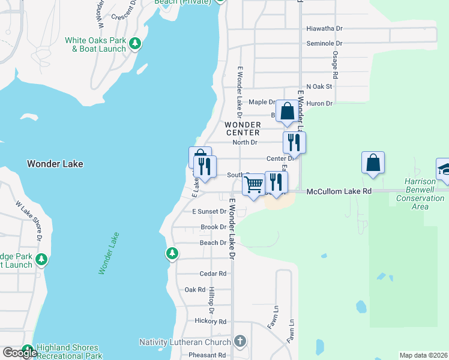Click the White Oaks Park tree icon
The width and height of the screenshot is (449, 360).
(x=136, y=43)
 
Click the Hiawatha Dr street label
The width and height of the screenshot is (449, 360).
(x=324, y=28)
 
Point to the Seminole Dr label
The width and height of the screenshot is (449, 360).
(x=324, y=44)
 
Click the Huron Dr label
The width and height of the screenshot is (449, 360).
(x=319, y=103)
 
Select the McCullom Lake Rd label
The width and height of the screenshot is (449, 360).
(x=339, y=191)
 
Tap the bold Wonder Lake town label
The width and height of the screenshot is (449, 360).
(x=55, y=164)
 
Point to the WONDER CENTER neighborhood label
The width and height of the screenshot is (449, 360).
(x=243, y=128)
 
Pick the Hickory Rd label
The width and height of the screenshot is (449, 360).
(x=214, y=322)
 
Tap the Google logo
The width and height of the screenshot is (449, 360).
(x=20, y=353)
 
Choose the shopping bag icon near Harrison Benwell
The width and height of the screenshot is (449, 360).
(x=373, y=163)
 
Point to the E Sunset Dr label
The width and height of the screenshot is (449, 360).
(x=209, y=212)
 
